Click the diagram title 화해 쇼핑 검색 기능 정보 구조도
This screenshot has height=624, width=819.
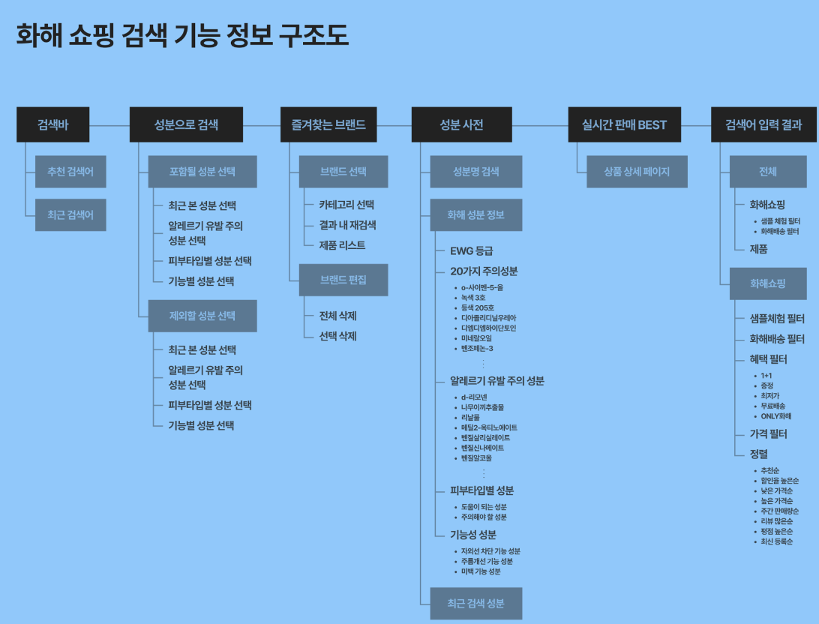pos(182,35)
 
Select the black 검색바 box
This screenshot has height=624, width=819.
pos(52,124)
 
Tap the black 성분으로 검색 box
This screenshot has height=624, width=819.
pos(186,124)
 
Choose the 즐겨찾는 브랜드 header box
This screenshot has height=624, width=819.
pos(328,124)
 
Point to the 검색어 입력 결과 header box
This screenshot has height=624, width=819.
pos(763,124)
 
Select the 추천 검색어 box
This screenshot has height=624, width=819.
pos(70,172)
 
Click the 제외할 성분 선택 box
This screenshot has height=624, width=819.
pos(202,316)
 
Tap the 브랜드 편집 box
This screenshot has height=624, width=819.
pos(343,280)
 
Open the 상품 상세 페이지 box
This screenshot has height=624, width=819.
pos(637,172)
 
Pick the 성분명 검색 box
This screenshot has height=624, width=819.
pos(475,172)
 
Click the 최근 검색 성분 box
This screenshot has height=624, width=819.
pos(475,603)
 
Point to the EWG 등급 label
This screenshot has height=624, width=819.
pos(472,250)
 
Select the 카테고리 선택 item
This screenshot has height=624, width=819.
pos(346,205)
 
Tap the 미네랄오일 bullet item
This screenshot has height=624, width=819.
pos(477,338)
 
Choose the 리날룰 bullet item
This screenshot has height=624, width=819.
pos(471,417)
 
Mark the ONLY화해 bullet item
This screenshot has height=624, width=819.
pos(776,415)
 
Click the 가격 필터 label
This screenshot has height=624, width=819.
pos(769,434)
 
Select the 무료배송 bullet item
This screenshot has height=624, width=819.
pos(774,406)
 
